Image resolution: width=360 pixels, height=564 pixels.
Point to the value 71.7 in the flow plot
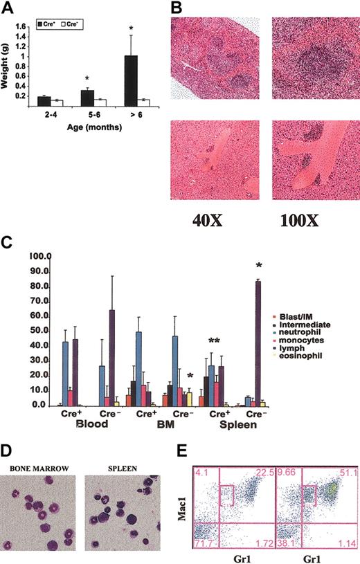(202, 546)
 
